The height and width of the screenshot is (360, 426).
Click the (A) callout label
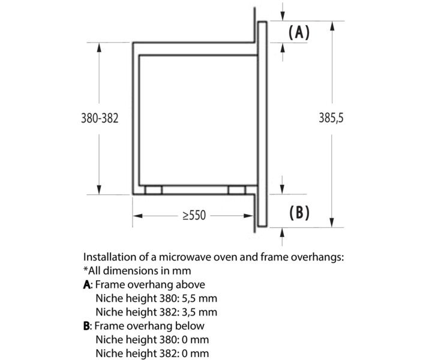point(299,32)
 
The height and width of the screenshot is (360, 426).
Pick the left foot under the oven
point(154,190)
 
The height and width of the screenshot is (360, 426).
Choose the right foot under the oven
point(236,190)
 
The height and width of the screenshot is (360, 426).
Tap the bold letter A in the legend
point(88,285)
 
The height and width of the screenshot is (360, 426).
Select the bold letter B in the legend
point(88,326)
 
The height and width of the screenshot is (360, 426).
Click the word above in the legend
point(191,285)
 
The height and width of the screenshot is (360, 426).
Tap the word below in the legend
point(190,326)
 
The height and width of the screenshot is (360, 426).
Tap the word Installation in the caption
point(108,257)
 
